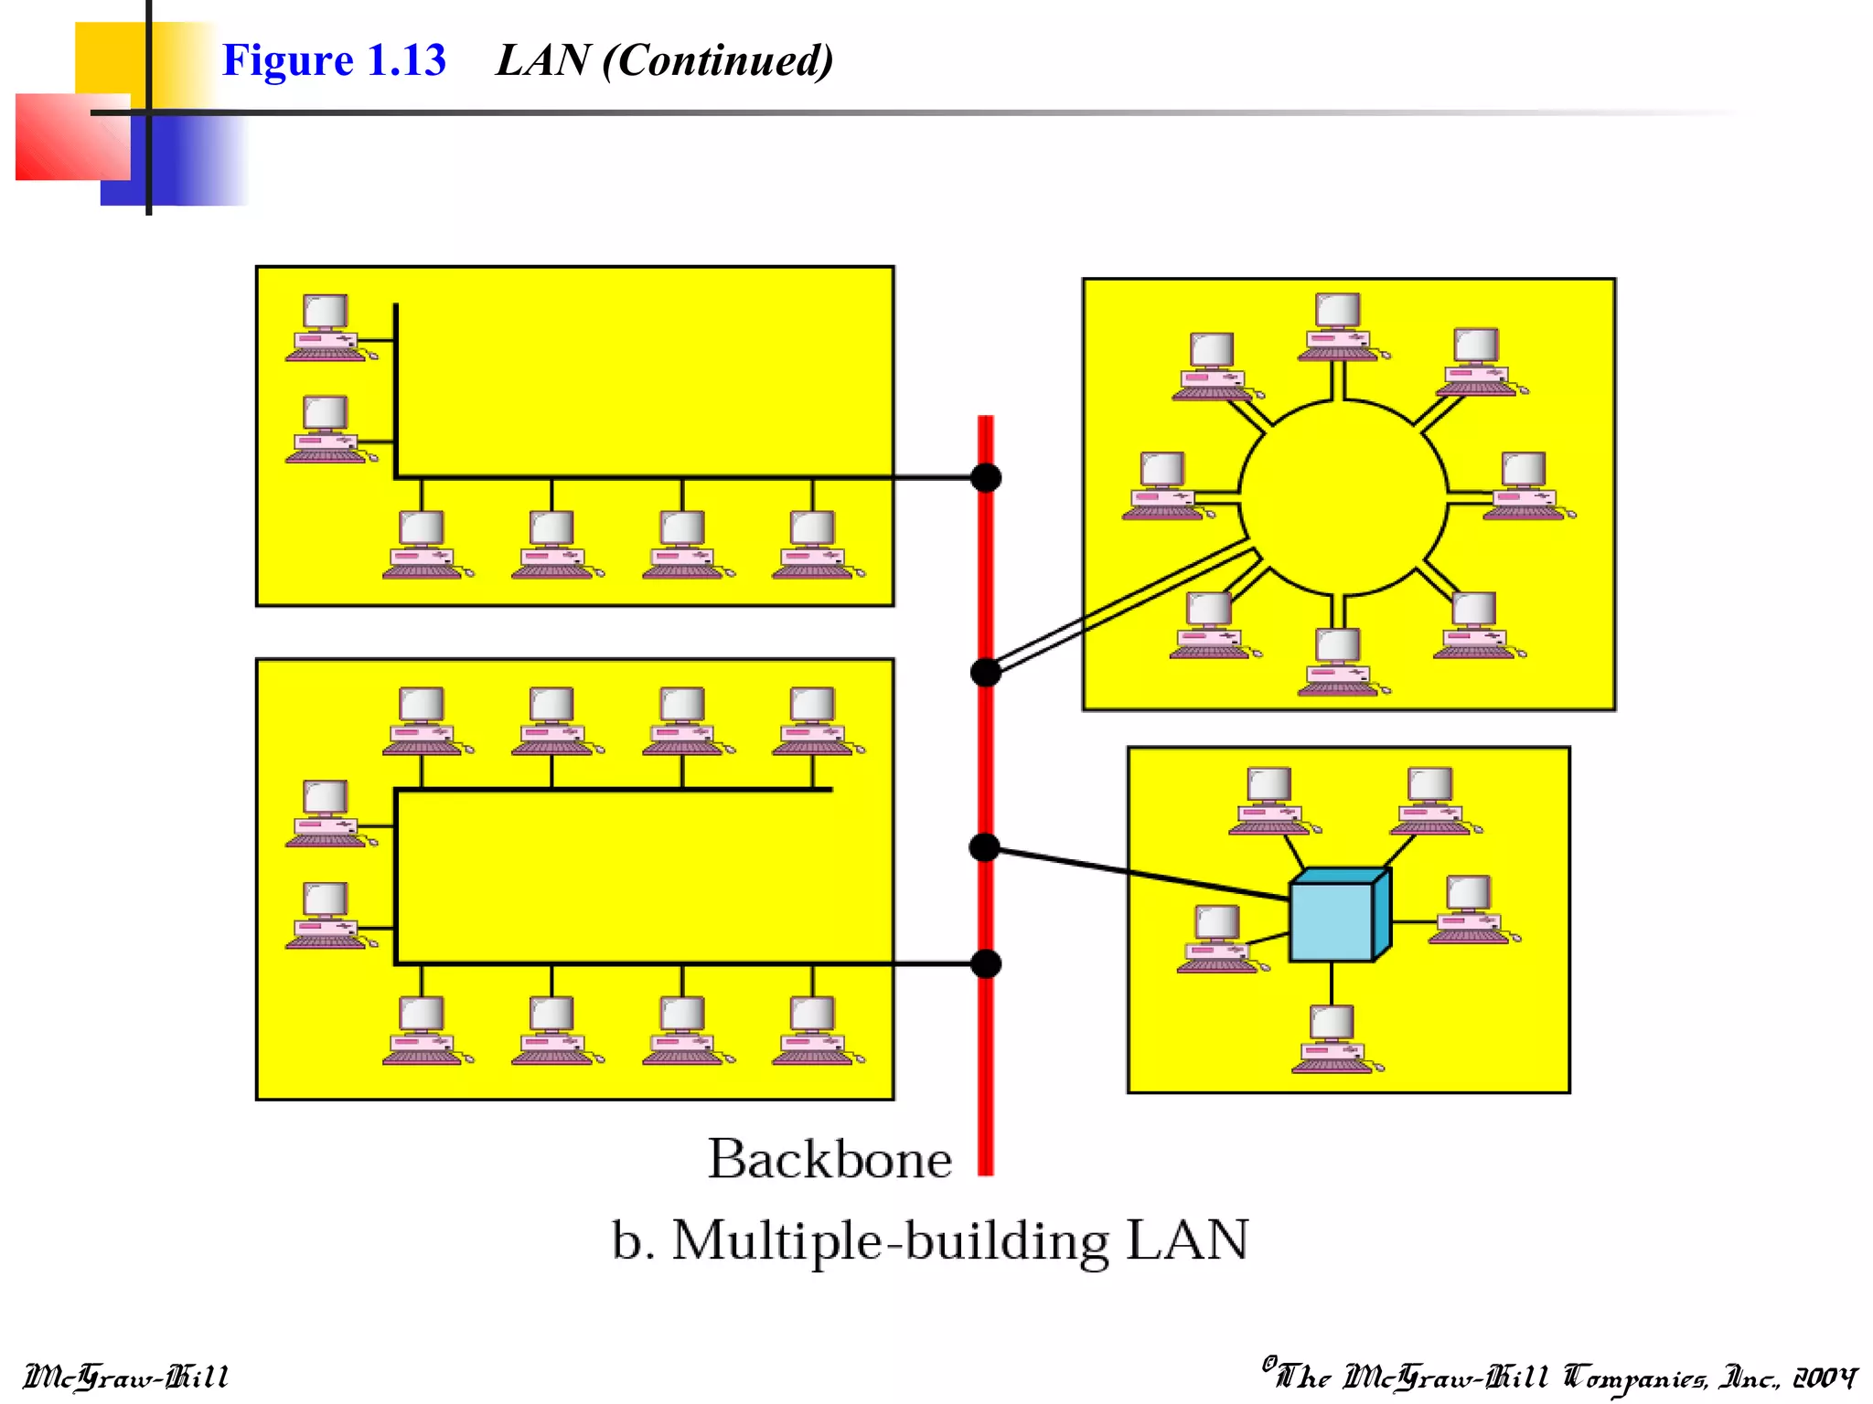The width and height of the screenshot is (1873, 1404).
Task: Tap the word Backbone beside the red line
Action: [x=829, y=1159]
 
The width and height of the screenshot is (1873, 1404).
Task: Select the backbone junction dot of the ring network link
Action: [x=985, y=673]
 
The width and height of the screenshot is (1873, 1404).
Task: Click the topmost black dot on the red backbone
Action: [x=986, y=477]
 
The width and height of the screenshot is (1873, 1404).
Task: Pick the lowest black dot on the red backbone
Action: [x=986, y=963]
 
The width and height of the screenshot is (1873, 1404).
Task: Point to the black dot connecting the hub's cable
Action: [x=984, y=847]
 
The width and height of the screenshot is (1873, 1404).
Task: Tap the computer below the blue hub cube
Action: [x=1332, y=1037]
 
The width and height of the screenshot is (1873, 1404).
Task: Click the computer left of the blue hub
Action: [x=1217, y=938]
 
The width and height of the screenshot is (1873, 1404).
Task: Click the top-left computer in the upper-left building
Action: [x=326, y=327]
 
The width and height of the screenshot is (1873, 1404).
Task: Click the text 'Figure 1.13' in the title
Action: [x=334, y=60]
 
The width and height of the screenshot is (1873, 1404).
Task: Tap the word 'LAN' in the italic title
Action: [x=542, y=60]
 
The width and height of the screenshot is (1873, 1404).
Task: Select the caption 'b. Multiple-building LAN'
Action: [x=929, y=1240]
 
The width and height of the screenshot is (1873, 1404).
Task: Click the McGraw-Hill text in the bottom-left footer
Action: [x=125, y=1377]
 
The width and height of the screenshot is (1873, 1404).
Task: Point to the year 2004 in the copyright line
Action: [x=1824, y=1377]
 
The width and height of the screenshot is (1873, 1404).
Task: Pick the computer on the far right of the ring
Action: [x=1524, y=485]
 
